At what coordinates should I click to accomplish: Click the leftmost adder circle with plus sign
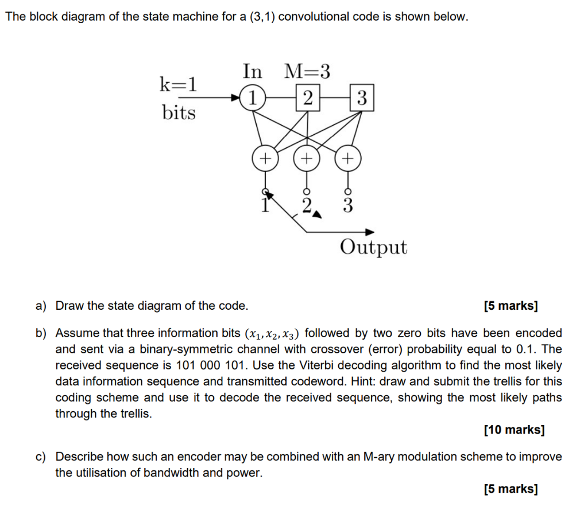(265, 158)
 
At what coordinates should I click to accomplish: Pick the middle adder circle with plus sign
(307, 157)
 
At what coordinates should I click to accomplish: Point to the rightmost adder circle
(349, 157)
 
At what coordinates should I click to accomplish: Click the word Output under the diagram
(373, 248)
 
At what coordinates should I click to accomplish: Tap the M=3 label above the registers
(308, 72)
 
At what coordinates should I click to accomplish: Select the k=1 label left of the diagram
(178, 85)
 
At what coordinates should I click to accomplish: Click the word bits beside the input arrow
(179, 112)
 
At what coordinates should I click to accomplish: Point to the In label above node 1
(252, 72)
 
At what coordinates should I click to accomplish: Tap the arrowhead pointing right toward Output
(370, 232)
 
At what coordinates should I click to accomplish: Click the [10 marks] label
(514, 429)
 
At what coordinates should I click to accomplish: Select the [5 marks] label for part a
(511, 306)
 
